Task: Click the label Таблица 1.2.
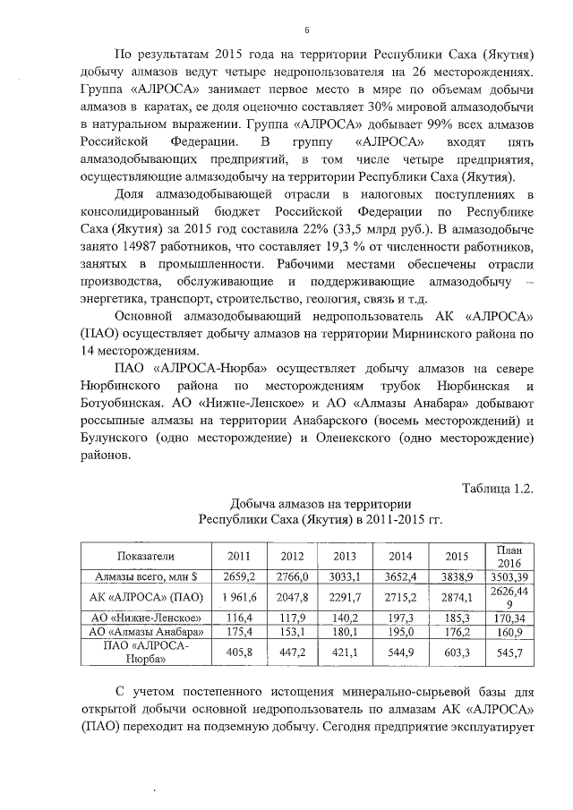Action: [498, 488]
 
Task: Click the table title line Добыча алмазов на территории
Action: [321, 504]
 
